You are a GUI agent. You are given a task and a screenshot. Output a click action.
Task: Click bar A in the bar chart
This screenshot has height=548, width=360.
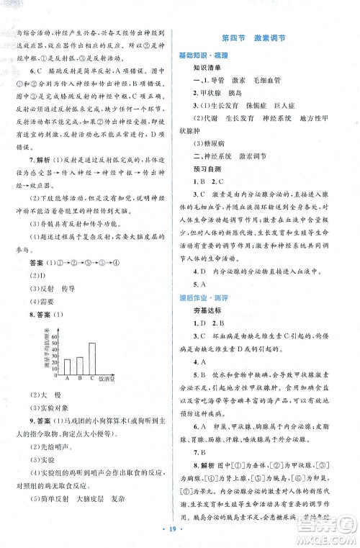[67, 367]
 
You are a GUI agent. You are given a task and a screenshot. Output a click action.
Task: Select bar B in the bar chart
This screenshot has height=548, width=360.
[79, 367]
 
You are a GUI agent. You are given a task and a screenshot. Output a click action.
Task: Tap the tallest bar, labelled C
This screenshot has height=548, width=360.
[91, 358]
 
